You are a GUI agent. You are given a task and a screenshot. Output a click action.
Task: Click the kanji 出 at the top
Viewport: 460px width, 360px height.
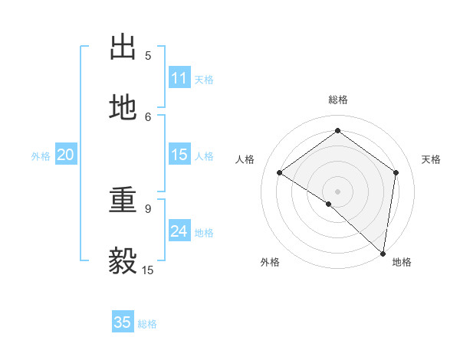tap(123, 47)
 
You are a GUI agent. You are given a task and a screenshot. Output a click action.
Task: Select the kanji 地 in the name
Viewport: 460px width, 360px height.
tap(123, 109)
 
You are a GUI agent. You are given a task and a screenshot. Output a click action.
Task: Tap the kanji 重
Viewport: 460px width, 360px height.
tap(123, 201)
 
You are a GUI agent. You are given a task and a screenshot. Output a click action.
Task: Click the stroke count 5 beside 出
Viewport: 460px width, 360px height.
tap(148, 55)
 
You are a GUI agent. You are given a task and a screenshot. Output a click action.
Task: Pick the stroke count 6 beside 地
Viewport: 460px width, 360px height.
tap(148, 116)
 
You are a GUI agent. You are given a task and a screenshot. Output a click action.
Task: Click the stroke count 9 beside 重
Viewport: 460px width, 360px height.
tap(148, 208)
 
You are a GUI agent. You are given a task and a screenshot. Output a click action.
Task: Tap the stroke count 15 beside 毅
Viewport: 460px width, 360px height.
tap(148, 270)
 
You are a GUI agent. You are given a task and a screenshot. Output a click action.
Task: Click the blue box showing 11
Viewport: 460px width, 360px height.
tap(179, 78)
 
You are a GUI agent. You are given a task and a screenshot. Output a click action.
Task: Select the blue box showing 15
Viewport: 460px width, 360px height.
tap(179, 155)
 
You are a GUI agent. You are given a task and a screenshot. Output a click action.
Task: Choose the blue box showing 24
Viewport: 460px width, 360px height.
tap(179, 231)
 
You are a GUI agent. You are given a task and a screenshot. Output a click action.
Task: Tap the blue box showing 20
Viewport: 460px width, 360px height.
tap(66, 155)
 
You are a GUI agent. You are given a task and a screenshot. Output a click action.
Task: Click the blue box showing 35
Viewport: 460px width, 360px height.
tap(123, 322)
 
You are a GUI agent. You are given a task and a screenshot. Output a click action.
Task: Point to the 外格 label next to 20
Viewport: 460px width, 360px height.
tap(41, 156)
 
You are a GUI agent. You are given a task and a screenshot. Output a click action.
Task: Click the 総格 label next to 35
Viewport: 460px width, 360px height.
tap(147, 324)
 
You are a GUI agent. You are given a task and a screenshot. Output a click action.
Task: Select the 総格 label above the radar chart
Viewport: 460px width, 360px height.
tap(338, 100)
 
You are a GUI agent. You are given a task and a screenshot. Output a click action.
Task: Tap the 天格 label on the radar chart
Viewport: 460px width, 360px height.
tap(431, 159)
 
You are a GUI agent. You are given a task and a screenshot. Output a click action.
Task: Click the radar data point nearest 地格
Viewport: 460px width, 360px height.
tap(383, 253)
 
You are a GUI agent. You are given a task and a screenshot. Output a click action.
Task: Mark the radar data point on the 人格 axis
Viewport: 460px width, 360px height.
tap(280, 172)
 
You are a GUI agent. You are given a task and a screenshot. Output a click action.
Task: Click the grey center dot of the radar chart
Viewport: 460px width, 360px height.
tap(338, 191)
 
